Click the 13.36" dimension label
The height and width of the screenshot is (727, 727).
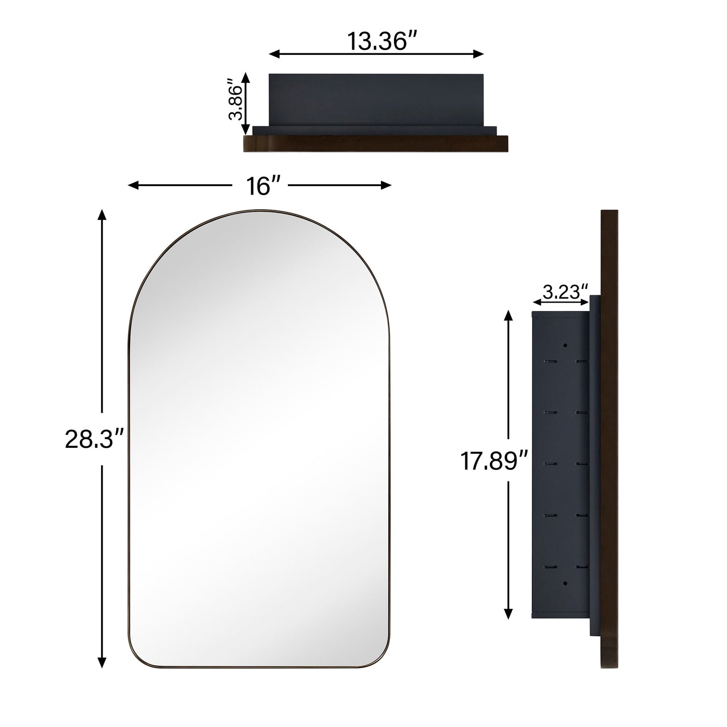[x=376, y=41]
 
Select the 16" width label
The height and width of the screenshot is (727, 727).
[x=260, y=186]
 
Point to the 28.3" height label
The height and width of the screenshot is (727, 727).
[x=95, y=440]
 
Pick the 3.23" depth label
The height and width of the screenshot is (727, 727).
[x=565, y=291]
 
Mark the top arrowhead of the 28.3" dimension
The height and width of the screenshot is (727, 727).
[x=102, y=215]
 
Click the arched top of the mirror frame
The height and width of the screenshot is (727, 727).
[x=260, y=211]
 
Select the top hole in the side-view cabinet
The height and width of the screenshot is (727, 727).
[x=565, y=346]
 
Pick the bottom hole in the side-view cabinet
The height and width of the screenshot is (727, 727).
[x=565, y=583]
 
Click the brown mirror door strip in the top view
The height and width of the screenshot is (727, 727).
[x=375, y=143]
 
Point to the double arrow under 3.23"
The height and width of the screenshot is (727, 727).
[x=560, y=302]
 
